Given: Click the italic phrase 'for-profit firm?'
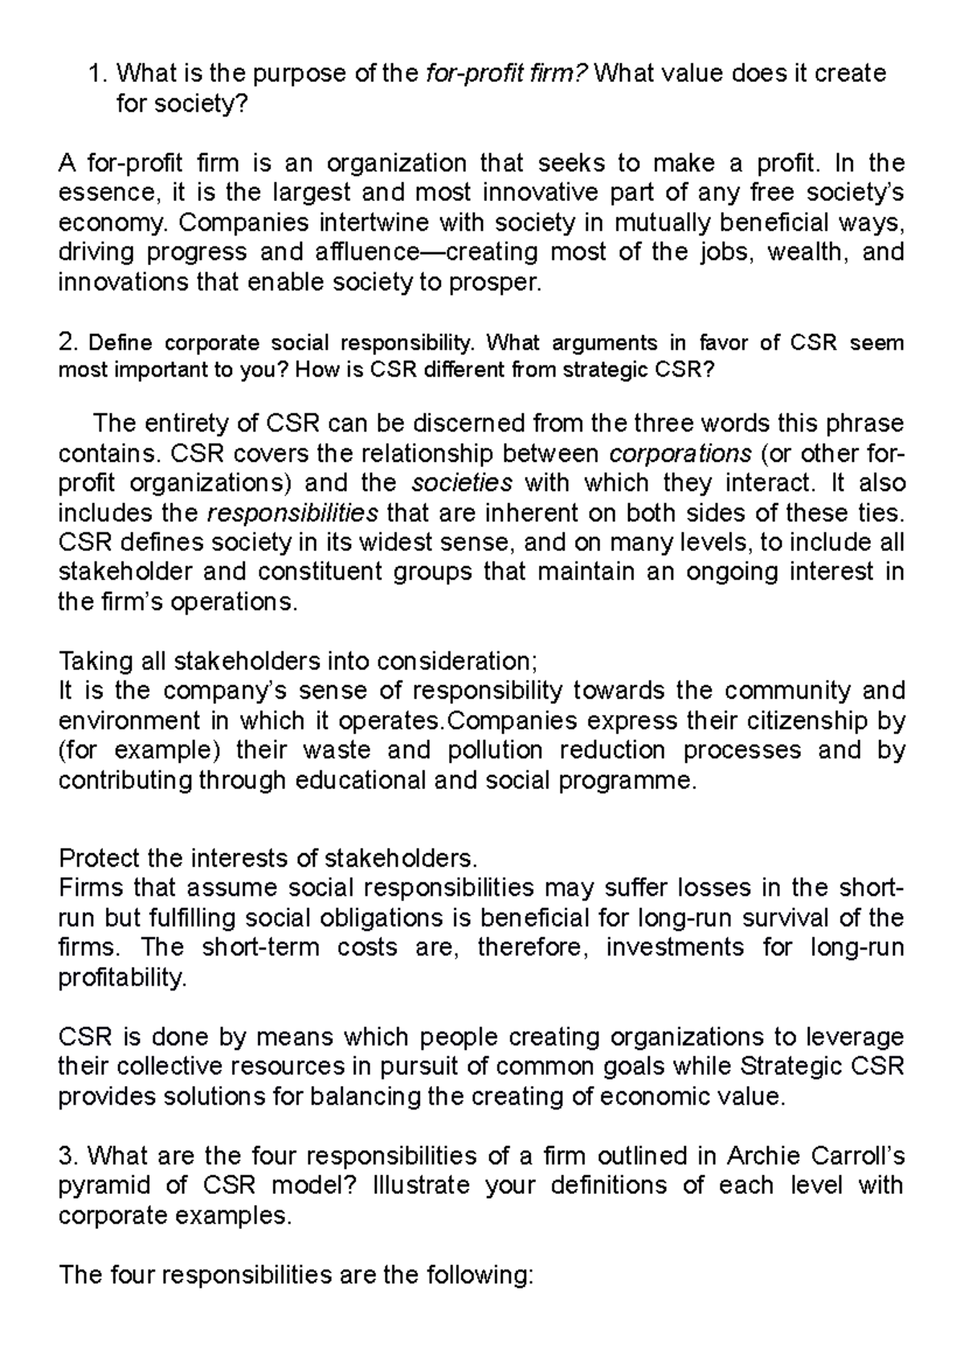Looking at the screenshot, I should [x=509, y=74].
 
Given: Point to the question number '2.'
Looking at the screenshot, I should [x=68, y=343].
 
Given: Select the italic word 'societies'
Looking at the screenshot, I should [x=462, y=484].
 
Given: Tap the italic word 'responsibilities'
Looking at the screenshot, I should [x=292, y=513].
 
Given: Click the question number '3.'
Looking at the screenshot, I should [x=68, y=1156].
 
